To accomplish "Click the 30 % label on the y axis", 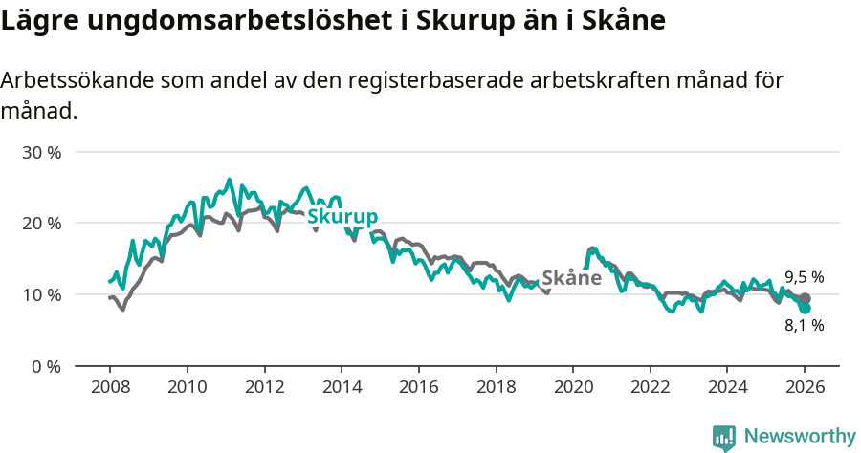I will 41,152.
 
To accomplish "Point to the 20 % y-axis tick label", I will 41,223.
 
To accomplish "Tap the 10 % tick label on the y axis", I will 41,294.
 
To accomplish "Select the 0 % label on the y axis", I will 45,366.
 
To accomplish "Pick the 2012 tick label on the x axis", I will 264,389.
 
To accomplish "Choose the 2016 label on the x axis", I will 418,389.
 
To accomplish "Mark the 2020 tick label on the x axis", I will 572,389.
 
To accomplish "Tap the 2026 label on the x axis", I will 805,389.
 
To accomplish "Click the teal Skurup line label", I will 342,217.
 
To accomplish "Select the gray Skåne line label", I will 571,278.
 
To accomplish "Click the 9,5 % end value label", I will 804,277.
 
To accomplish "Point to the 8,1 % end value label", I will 804,325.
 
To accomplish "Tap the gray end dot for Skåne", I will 806,298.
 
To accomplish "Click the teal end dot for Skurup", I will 806,309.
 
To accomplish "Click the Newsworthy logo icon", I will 724,438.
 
